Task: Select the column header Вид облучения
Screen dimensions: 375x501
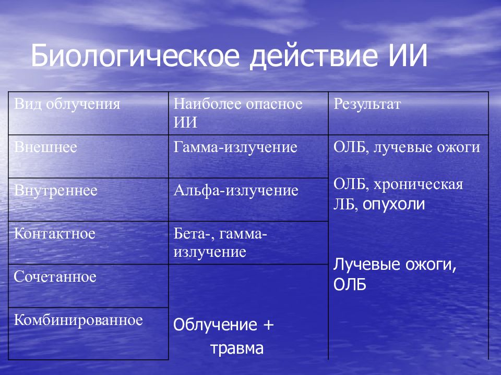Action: coord(67,104)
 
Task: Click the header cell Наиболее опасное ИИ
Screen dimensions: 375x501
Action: coord(238,113)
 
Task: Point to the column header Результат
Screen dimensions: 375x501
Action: coord(367,104)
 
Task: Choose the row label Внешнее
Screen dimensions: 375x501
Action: coord(46,147)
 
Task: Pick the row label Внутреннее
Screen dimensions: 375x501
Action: coord(56,190)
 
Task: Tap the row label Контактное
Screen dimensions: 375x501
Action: coord(55,233)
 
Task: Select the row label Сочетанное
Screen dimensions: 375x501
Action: coord(55,277)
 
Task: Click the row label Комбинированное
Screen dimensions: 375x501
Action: coord(78,320)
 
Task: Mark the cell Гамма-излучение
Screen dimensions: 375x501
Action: coord(235,147)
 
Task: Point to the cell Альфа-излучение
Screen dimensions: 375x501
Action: coord(236,191)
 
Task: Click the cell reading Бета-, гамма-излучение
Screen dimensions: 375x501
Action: coord(220,243)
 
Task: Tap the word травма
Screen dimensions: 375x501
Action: coord(237,348)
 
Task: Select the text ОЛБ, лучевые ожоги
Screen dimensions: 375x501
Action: coord(407,147)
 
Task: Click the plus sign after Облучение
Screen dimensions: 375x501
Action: coord(268,325)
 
